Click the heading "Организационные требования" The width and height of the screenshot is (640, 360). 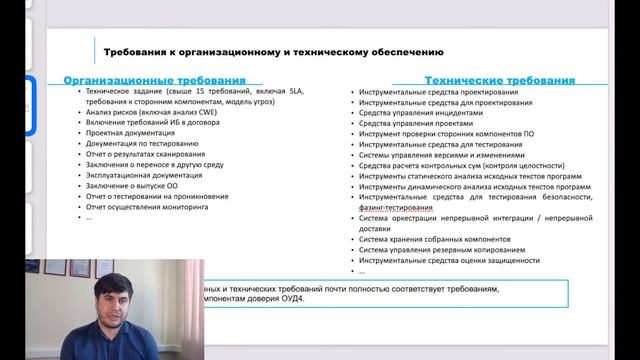click(x=154, y=80)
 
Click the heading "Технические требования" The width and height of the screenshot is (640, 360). click(x=499, y=80)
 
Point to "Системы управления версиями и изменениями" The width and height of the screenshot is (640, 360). click(x=441, y=154)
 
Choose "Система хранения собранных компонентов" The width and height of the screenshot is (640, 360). click(x=434, y=240)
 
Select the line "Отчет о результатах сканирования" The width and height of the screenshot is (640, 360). click(x=146, y=154)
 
